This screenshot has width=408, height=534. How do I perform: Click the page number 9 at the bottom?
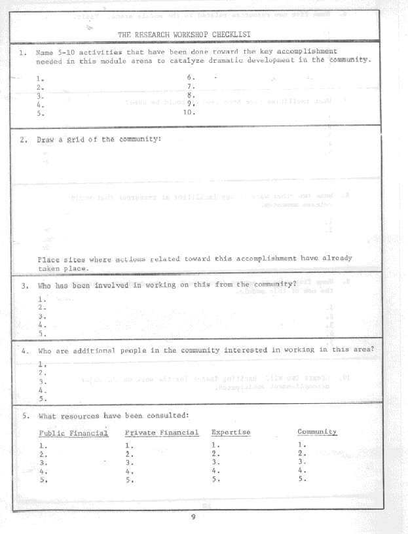tap(193, 517)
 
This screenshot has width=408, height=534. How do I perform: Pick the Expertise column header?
tap(231, 433)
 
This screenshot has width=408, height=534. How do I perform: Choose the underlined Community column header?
tap(317, 432)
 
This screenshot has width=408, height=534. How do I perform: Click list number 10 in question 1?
tap(189, 111)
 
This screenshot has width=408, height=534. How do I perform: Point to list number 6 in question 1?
tap(190, 78)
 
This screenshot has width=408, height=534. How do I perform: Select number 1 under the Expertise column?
tap(215, 445)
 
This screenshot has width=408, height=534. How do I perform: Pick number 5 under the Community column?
tap(301, 478)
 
